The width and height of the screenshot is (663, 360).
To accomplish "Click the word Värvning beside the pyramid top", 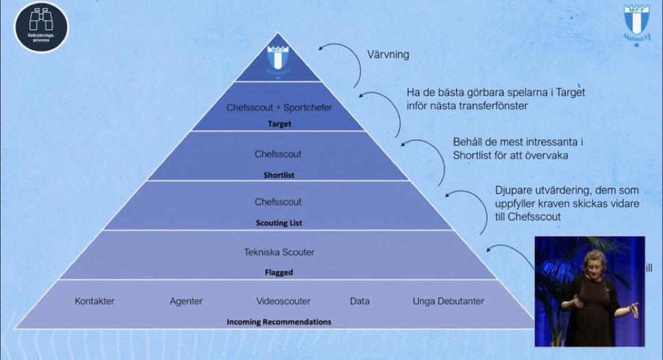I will [388, 55].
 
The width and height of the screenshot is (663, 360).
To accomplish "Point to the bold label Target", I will [279, 124].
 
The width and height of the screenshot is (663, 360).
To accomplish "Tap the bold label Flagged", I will [278, 272].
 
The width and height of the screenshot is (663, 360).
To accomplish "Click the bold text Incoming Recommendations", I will [279, 321].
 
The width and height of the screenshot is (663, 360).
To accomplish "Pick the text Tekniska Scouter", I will [279, 252].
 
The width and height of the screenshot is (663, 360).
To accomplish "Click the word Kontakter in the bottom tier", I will [95, 301].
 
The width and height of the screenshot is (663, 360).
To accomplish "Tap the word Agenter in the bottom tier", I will [186, 301].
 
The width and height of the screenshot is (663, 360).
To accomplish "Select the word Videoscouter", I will [283, 301].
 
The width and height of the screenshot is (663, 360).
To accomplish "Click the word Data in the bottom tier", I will [359, 301].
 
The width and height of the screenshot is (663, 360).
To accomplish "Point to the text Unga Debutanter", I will [448, 301].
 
